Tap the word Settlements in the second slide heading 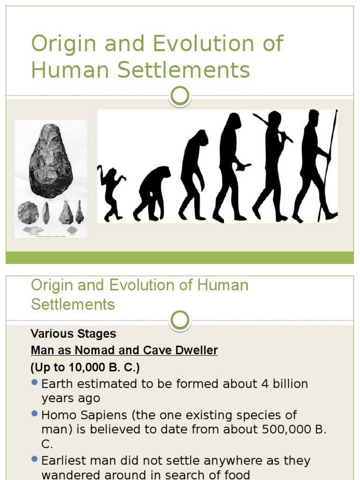(73, 304)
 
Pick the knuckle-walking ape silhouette (151, 193)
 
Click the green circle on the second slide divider (180, 321)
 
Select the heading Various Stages (74, 334)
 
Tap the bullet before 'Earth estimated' (34, 382)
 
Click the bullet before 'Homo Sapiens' (34, 413)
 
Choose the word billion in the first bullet (286, 384)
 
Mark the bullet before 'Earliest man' (34, 459)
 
